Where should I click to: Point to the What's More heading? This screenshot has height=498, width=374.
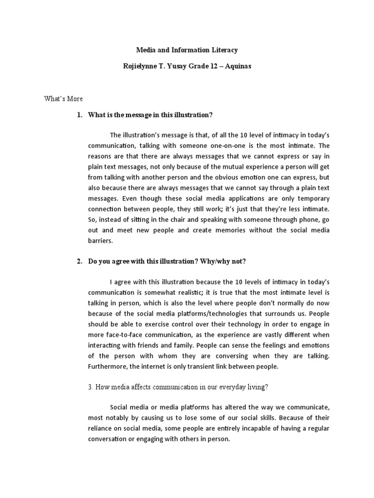(x=63, y=99)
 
